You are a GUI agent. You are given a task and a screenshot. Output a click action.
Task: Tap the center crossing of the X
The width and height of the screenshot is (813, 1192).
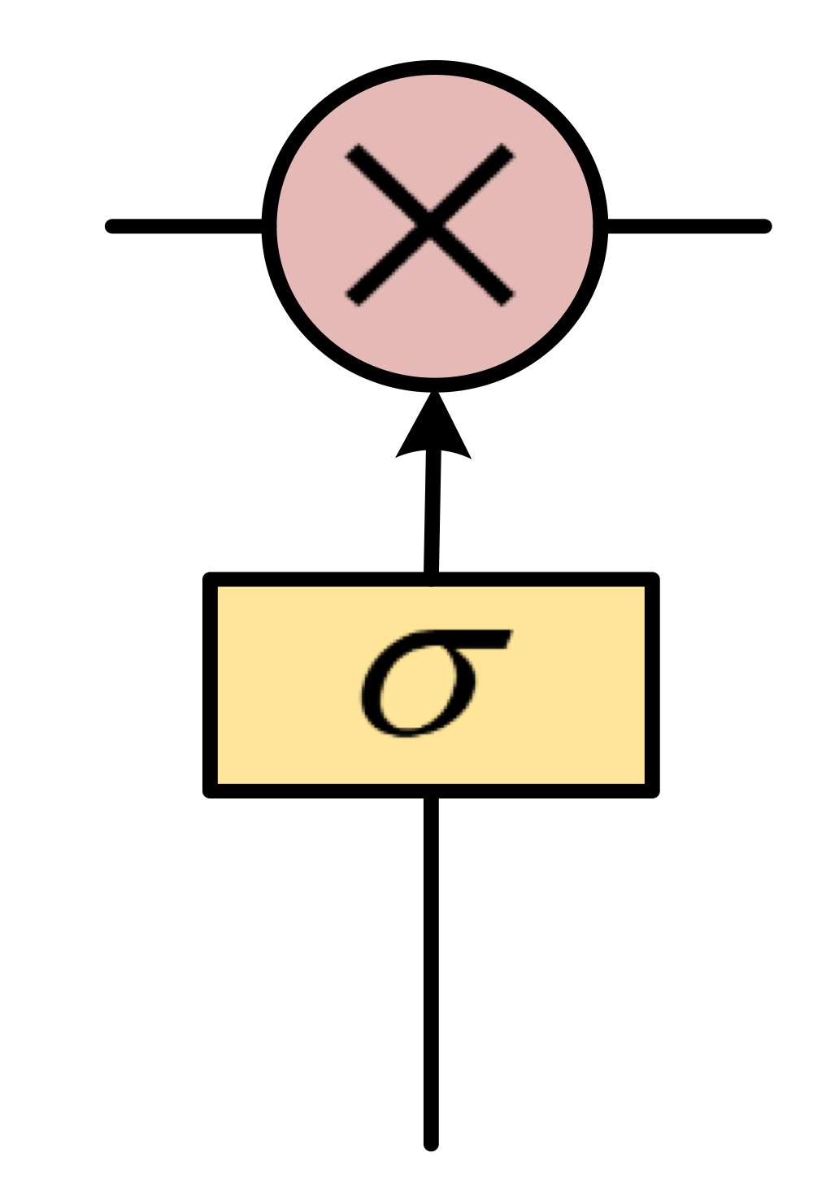click(x=430, y=224)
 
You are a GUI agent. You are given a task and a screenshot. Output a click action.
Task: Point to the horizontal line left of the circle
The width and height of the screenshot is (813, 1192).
click(x=187, y=226)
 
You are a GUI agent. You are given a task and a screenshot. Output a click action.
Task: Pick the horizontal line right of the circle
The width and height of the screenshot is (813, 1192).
click(x=687, y=226)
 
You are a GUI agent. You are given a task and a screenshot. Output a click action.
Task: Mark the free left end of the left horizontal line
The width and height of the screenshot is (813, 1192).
click(x=112, y=226)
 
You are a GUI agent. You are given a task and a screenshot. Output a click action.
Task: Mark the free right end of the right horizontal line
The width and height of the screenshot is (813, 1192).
click(x=764, y=226)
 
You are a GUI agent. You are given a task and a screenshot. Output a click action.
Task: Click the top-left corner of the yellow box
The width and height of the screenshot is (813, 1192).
click(x=210, y=580)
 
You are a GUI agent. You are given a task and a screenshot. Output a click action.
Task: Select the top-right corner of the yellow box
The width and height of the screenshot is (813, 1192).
click(x=652, y=580)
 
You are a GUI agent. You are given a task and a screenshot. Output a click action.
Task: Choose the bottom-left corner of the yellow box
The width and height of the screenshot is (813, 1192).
click(x=210, y=790)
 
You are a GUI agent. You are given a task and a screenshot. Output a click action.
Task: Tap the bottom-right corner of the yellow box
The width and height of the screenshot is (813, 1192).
click(x=652, y=790)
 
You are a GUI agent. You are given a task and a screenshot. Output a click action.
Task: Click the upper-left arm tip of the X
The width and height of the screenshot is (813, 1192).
click(x=352, y=151)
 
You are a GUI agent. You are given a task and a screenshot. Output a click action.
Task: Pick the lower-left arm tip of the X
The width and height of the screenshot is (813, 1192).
click(x=353, y=299)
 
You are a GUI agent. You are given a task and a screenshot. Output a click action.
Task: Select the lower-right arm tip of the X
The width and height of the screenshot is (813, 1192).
click(x=508, y=299)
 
